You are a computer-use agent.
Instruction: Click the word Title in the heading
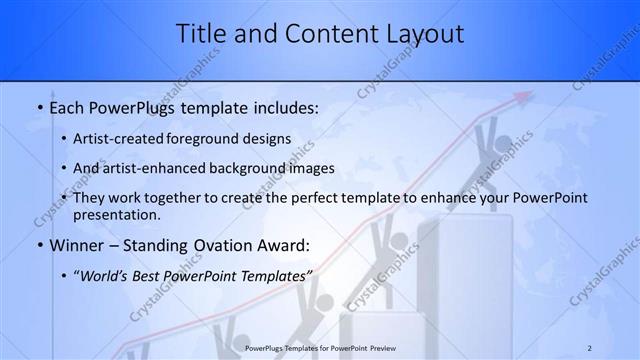click(x=201, y=33)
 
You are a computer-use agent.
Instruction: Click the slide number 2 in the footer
click(x=589, y=348)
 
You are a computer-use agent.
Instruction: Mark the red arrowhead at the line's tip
click(x=520, y=98)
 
